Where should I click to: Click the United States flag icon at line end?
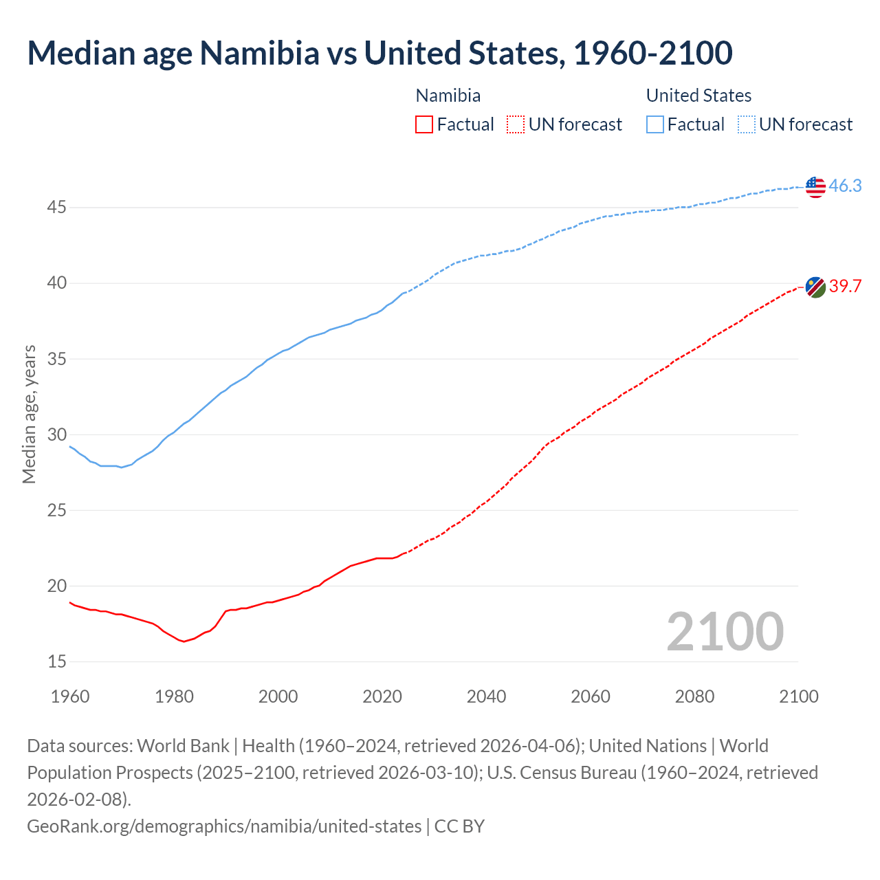tap(815, 186)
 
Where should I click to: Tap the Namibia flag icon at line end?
tap(815, 287)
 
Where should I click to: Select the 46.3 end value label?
tap(845, 186)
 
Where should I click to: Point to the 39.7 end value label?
tap(845, 287)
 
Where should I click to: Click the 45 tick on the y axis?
tap(56, 207)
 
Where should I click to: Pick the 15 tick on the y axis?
tap(56, 661)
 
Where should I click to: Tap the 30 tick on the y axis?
tap(56, 434)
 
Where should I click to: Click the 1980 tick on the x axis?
tap(174, 696)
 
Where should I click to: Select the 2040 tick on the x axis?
tap(486, 696)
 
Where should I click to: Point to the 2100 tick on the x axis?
tap(798, 696)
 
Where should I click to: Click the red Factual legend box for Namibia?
tap(424, 124)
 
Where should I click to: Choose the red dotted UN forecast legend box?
tap(515, 124)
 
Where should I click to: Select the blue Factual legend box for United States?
tap(655, 124)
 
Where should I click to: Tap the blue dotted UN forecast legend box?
tap(746, 124)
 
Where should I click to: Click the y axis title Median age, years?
tap(29, 415)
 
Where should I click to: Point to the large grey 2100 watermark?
tap(725, 632)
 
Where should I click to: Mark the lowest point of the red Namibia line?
tap(184, 641)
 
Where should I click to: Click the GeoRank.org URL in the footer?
tap(224, 826)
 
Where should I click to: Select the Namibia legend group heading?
tap(448, 96)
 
